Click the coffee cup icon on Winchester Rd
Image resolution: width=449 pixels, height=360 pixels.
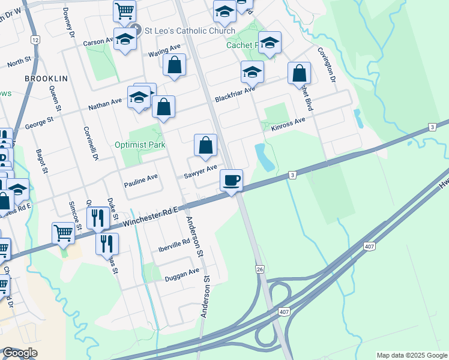tap(231, 179)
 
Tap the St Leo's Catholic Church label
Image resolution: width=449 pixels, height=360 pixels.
tap(175, 29)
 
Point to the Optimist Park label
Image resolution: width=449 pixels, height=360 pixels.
tap(140, 145)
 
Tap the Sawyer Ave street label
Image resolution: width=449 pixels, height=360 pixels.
tap(200, 172)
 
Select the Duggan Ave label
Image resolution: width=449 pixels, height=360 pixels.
tap(181, 272)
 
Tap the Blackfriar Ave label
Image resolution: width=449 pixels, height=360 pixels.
tap(235, 94)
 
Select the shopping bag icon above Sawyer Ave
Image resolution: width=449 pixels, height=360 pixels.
tap(205, 145)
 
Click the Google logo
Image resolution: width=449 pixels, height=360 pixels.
tap(20, 353)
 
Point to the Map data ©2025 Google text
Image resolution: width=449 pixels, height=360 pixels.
tap(411, 355)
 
